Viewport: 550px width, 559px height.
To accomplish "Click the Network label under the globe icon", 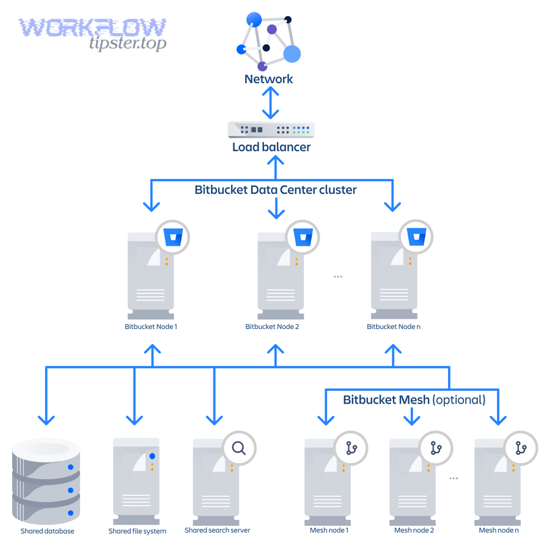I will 268,79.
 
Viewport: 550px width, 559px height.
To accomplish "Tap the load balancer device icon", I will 271,130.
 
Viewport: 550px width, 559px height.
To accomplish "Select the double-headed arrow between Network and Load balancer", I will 271,102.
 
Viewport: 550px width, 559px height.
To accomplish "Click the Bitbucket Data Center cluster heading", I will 275,190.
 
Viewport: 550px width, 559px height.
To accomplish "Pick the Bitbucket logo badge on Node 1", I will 173,237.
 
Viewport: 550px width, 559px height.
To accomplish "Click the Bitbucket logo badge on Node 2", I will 303,237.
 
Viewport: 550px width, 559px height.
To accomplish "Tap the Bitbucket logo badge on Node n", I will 416,237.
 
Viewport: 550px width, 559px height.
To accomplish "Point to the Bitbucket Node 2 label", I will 272,327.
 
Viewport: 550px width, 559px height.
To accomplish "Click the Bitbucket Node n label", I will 393,327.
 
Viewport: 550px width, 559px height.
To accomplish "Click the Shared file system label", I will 137,531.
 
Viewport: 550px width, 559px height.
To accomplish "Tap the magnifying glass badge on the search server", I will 239,448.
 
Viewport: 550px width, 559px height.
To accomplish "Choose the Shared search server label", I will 217,530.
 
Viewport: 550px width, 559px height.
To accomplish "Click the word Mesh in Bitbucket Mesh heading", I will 414,400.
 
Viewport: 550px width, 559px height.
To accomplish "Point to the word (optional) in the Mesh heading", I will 459,400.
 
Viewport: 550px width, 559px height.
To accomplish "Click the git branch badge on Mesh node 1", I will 351,448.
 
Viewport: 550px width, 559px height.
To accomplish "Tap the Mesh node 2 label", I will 414,530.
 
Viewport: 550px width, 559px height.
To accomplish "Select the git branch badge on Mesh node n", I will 521,448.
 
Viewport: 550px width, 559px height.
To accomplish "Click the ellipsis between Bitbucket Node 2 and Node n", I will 338,276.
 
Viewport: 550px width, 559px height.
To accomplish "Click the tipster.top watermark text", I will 127,43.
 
